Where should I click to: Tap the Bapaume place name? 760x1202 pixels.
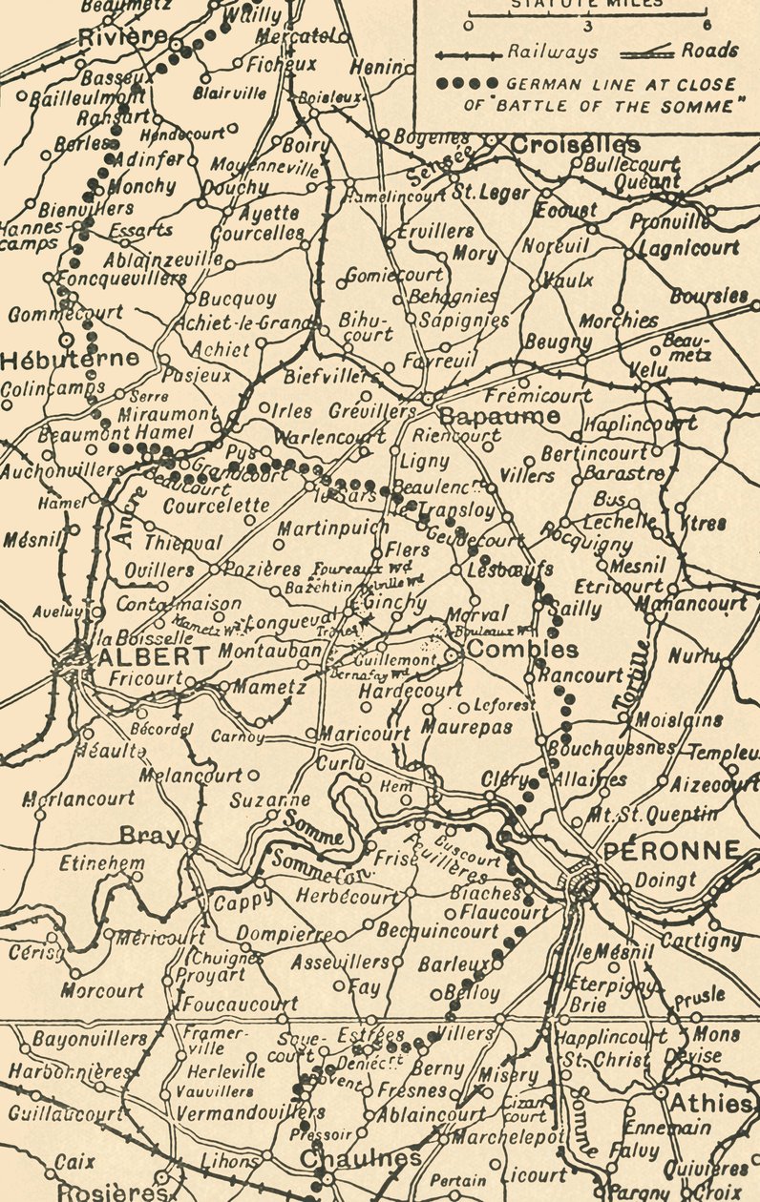point(499,416)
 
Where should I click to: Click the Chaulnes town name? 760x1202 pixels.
point(360,1157)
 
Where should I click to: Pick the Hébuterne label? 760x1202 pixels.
point(70,360)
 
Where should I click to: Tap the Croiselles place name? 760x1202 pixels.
point(576,145)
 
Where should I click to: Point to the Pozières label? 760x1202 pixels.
point(252,569)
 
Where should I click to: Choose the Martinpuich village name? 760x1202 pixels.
point(333,527)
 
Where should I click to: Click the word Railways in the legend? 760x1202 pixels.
point(553,52)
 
